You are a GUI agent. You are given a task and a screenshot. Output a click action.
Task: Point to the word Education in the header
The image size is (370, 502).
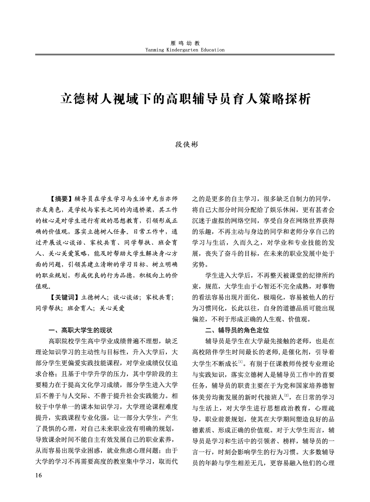[212, 50]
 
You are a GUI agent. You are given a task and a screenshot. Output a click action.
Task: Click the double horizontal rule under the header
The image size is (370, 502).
[185, 55]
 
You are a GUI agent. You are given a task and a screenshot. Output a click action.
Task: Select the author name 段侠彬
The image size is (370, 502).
[185, 144]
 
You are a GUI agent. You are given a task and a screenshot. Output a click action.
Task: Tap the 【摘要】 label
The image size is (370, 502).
[61, 199]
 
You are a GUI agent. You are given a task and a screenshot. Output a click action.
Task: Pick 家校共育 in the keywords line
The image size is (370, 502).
[159, 297]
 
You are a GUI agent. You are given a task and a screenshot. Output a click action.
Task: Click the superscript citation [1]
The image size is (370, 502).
[240, 362]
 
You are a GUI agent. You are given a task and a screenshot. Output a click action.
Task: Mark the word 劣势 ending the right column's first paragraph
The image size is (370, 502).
[199, 265]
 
